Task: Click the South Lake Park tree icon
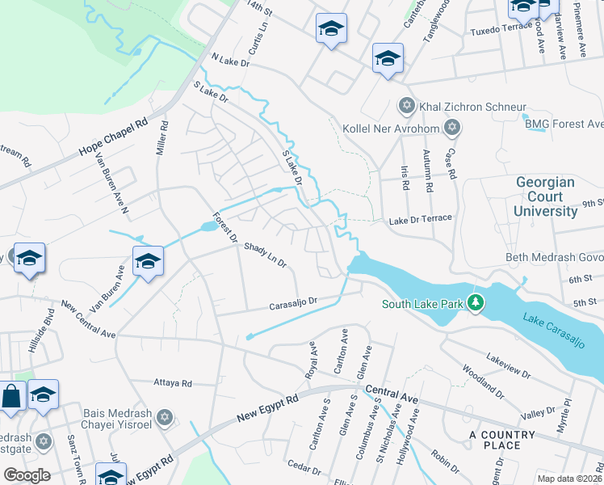pos(477,303)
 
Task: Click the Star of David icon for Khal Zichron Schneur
pos(406,107)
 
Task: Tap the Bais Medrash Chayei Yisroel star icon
pos(165,418)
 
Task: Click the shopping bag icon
pos(11,397)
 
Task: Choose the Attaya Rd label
pos(173,383)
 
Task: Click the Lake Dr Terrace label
pos(420,219)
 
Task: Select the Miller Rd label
pos(163,139)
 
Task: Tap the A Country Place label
pos(501,440)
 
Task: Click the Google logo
pos(27,475)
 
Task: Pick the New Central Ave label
pos(90,321)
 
